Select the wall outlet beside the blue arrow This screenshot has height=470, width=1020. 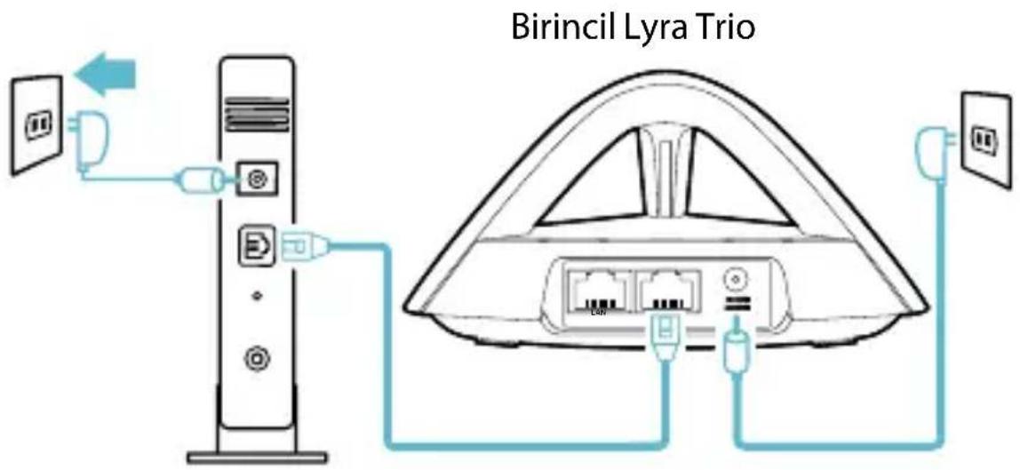(x=36, y=124)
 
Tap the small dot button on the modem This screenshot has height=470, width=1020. (x=256, y=297)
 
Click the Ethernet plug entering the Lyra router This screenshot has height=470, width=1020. (x=663, y=338)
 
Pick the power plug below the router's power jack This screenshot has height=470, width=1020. (x=736, y=355)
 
